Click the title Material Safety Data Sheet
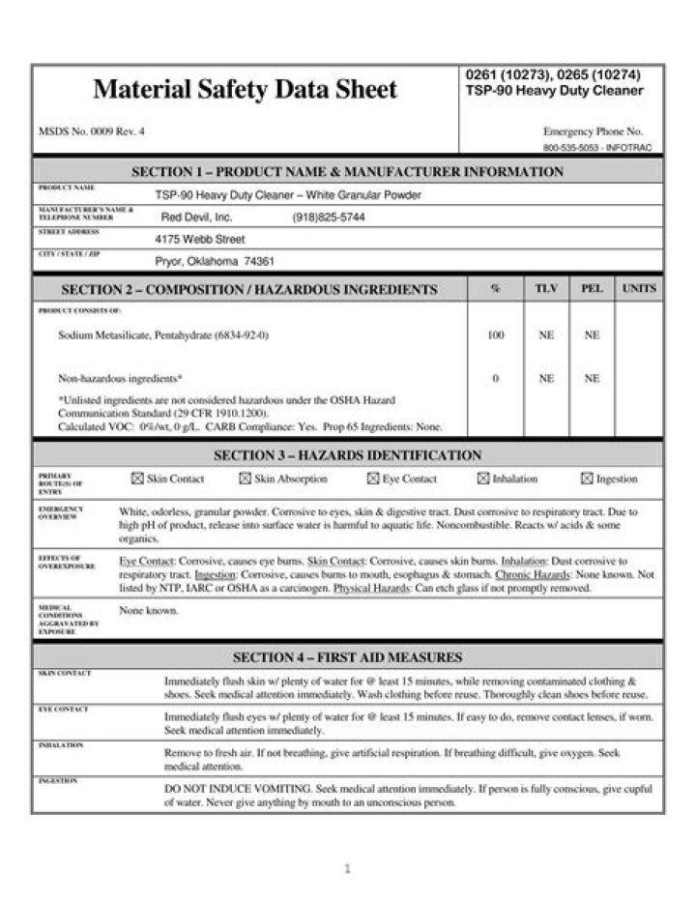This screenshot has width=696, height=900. [x=245, y=90]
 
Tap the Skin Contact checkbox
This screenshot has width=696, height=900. [x=136, y=479]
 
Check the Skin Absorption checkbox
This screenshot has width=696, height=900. [x=246, y=479]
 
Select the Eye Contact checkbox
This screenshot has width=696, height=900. [x=373, y=479]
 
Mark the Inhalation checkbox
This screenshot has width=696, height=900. [x=483, y=479]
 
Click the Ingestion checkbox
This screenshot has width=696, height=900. [x=587, y=479]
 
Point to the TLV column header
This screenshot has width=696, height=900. [x=546, y=289]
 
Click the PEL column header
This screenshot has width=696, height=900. [x=592, y=289]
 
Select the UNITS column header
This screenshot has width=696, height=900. [x=639, y=289]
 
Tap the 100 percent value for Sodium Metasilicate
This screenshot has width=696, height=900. [x=496, y=335]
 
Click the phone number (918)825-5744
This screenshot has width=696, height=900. [x=329, y=218]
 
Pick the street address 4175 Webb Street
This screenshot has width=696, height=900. [x=200, y=239]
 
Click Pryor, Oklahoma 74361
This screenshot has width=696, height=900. [x=215, y=261]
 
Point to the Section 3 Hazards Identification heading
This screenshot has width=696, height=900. [x=347, y=454]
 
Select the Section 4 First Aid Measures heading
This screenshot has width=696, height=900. [x=347, y=657]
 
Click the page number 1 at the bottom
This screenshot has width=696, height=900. [x=347, y=869]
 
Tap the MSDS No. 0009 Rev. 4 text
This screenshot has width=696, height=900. [x=92, y=131]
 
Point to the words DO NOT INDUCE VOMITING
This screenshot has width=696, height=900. [x=226, y=789]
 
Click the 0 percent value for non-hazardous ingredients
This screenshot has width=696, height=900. [x=496, y=379]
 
